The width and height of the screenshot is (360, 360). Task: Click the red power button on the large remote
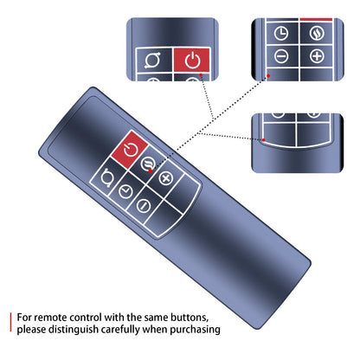tap(130, 150)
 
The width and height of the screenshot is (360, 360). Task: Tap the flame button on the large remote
tap(148, 164)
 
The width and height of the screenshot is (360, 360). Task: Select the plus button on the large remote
tap(166, 177)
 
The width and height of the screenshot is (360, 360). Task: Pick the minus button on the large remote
tap(144, 205)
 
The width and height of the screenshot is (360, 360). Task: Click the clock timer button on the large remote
tap(125, 191)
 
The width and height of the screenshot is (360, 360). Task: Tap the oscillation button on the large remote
tap(107, 178)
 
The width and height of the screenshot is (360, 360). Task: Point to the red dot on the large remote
tap(151, 171)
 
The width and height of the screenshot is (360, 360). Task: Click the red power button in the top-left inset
tap(191, 60)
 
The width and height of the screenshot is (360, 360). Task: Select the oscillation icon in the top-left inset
tap(153, 60)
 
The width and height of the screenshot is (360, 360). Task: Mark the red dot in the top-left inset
tap(201, 75)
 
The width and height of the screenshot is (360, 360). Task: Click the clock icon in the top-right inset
tap(281, 33)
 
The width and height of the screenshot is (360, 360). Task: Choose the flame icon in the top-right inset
tap(317, 33)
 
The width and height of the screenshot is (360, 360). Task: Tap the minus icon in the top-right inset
tap(281, 56)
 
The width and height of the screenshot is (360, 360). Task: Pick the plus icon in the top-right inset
tap(317, 56)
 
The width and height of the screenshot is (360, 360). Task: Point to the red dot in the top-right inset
tap(268, 76)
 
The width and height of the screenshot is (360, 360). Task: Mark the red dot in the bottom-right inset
tap(263, 140)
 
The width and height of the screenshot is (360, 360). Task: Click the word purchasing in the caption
tap(195, 330)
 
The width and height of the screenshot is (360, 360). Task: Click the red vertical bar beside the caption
tap(10, 322)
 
